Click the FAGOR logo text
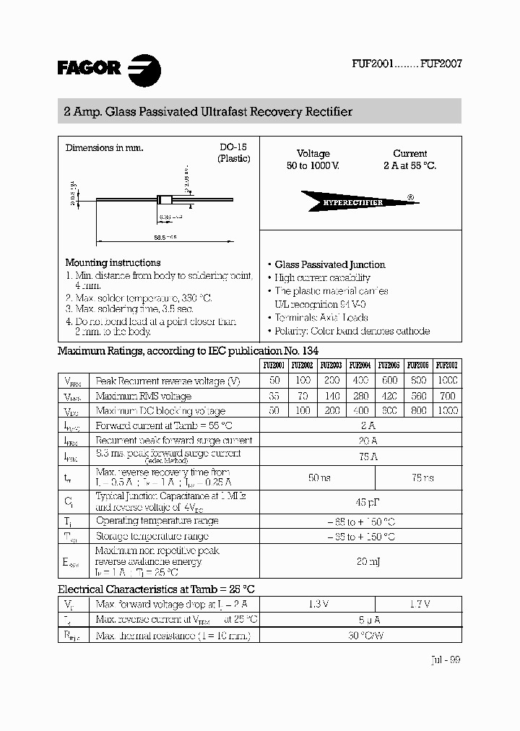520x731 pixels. click(89, 69)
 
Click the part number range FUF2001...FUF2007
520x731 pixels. click(407, 64)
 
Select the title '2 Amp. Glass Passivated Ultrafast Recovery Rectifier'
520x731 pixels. click(208, 112)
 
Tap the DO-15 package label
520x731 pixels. click(233, 147)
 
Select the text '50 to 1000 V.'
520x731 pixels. click(313, 166)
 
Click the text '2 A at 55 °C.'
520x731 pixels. click(409, 166)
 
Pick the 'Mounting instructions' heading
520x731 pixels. click(113, 263)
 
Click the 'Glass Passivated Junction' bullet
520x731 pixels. click(330, 265)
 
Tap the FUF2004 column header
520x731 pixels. click(360, 365)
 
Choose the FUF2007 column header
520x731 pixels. click(447, 365)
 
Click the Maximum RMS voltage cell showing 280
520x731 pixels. click(360, 396)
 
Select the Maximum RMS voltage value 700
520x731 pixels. click(447, 396)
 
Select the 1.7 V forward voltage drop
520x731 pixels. click(418, 604)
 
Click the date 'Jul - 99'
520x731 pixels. click(444, 659)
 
